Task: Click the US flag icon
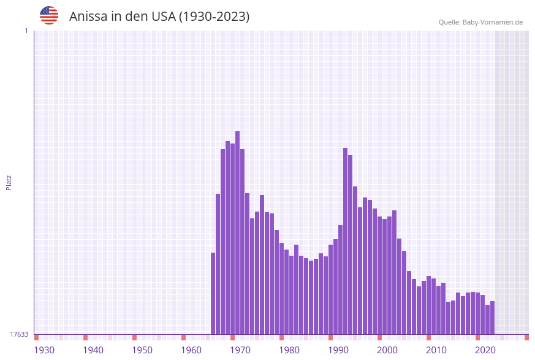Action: coord(49,15)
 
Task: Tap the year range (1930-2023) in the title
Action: coord(214,17)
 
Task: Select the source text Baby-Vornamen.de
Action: coord(492,22)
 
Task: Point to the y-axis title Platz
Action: coord(9,182)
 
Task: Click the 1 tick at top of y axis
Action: coord(26,31)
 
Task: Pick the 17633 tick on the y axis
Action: coord(19,334)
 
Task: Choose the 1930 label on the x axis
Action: coord(44,350)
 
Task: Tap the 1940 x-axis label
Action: coord(93,350)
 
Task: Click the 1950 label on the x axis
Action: coord(142,350)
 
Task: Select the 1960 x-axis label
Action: coord(191,350)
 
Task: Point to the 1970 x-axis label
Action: coord(240,350)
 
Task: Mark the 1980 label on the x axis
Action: coord(289,350)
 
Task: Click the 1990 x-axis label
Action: coord(338,350)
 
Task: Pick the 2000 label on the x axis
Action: coord(387,350)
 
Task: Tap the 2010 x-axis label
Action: coord(436,350)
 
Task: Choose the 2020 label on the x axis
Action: coord(485,350)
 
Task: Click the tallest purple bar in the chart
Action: coord(237,233)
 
